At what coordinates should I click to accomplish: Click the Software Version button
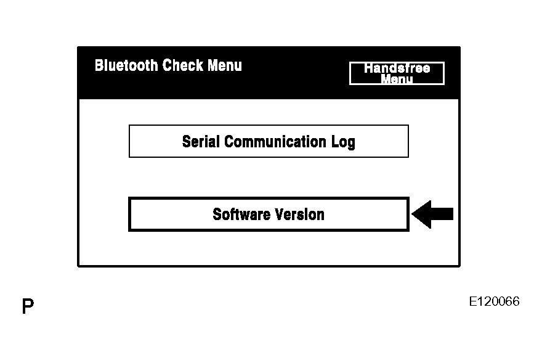(269, 215)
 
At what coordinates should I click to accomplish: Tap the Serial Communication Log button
(269, 141)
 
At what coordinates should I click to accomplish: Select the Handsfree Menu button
(397, 73)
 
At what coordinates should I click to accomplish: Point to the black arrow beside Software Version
(432, 214)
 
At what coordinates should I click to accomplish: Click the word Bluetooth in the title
(126, 65)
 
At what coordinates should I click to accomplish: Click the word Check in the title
(183, 65)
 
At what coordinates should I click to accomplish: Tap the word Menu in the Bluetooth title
(225, 65)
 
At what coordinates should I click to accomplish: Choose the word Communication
(275, 141)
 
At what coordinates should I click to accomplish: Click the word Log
(343, 142)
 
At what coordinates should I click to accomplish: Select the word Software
(241, 215)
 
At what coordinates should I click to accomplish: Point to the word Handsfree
(397, 68)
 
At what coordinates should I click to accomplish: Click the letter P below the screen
(28, 306)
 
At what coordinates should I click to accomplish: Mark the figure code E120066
(495, 301)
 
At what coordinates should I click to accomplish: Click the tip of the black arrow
(413, 214)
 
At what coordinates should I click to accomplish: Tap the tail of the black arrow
(453, 214)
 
